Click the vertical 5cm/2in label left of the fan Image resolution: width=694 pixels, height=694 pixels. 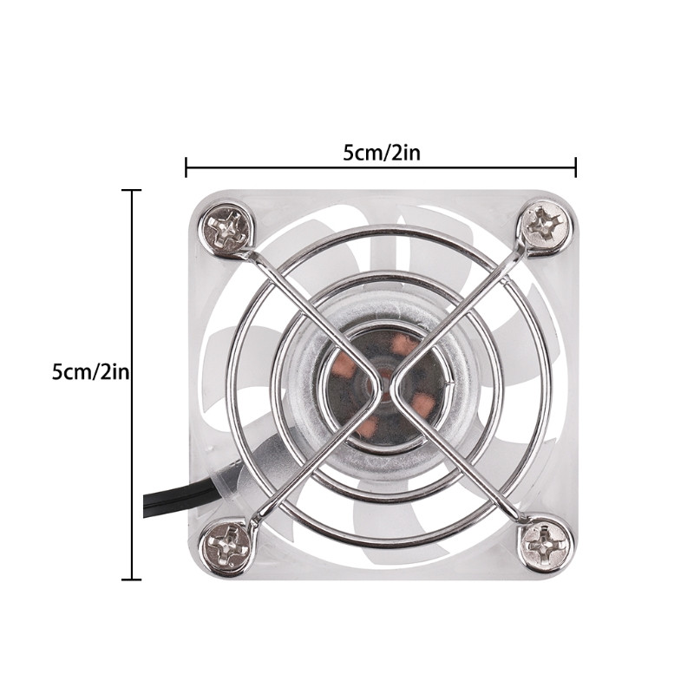[x=90, y=372]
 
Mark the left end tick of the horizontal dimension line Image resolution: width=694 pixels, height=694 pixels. [x=186, y=167]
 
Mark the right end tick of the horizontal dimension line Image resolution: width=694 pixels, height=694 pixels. [x=576, y=167]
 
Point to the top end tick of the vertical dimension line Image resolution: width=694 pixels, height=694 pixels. [x=131, y=190]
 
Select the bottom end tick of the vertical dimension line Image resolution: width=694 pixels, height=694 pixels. [x=131, y=579]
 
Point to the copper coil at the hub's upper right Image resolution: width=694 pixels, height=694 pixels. [x=404, y=346]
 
